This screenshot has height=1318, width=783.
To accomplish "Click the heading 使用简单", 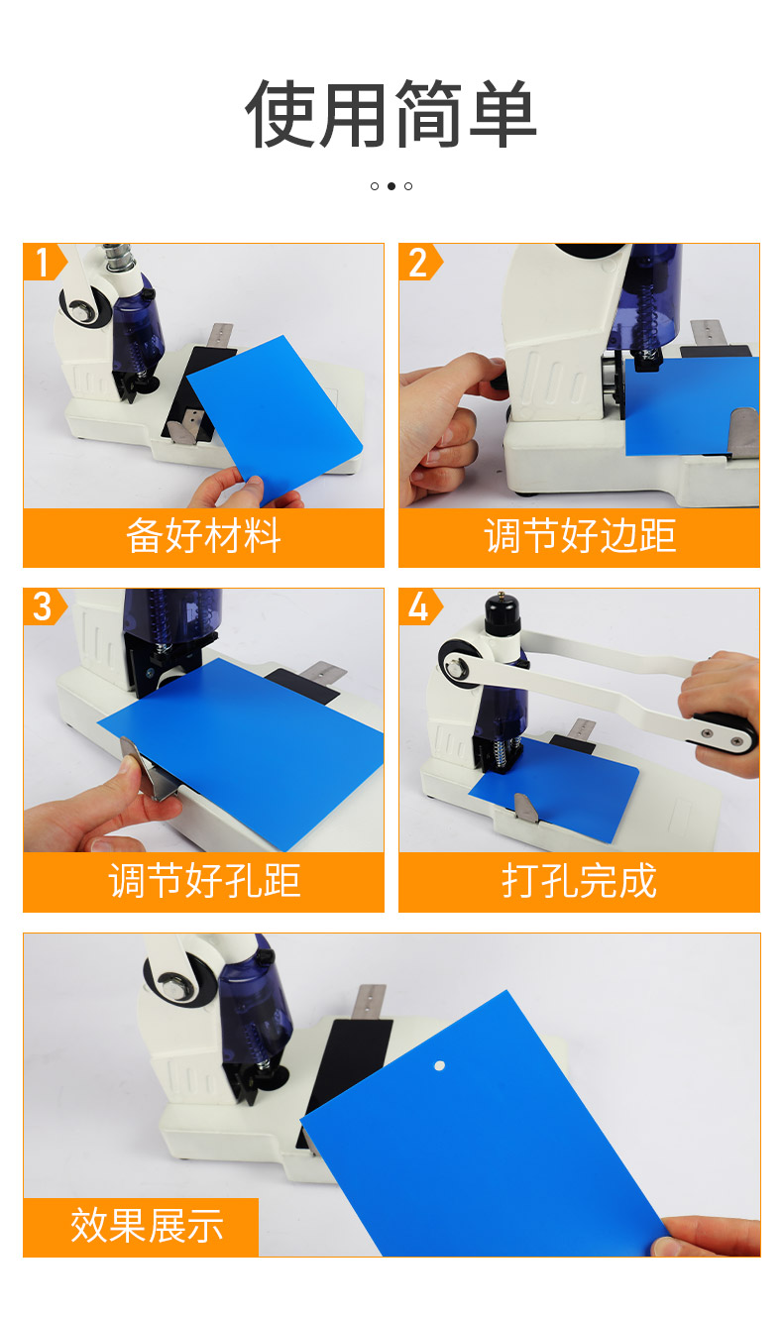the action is tap(391, 114).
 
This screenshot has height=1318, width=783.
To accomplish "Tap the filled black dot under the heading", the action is tap(391, 186).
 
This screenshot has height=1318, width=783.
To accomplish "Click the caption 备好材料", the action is tap(203, 536).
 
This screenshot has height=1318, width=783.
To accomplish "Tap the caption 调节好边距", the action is tap(580, 536).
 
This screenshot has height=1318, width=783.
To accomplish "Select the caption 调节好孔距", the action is tap(203, 881).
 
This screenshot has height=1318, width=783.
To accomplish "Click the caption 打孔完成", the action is tap(580, 881).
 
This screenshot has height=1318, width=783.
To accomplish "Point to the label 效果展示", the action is tap(147, 1226).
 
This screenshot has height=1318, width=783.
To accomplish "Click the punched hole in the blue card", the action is tap(439, 1065).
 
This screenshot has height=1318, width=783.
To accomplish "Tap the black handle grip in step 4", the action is tap(725, 733).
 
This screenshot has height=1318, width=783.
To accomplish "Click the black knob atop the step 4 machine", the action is tap(502, 613).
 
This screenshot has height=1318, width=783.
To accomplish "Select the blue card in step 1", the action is tap(275, 418).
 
